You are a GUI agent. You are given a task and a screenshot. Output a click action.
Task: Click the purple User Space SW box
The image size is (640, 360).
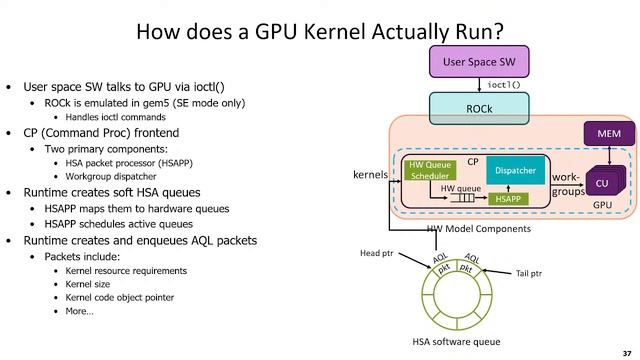coord(477,63)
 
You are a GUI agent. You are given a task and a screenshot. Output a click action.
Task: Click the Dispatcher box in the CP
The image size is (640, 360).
coord(515,170)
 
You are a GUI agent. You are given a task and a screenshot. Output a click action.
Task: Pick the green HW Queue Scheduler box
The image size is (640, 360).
coord(429,169)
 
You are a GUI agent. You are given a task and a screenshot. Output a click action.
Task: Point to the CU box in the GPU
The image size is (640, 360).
coord(602,183)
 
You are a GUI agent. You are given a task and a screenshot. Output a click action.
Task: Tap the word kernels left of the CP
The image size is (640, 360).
coord(371,175)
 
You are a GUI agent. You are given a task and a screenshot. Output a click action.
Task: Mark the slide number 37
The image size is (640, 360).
coord(627,351)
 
